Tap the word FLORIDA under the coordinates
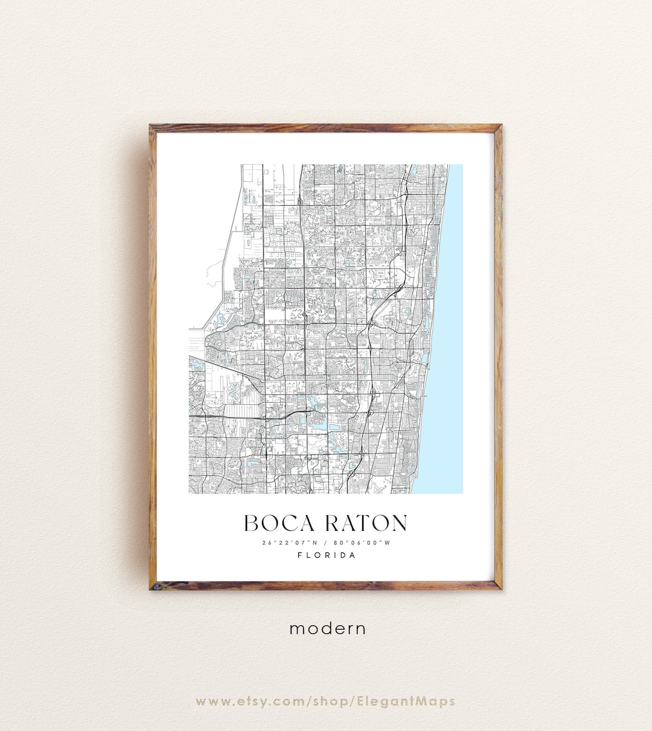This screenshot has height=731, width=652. (327, 555)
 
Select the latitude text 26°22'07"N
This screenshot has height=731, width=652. (287, 542)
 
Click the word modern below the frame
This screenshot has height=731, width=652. (327, 628)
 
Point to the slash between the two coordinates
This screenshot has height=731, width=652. (325, 542)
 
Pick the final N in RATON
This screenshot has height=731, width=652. (398, 523)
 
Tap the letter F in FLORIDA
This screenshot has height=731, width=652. (300, 555)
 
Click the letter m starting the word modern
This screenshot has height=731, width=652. (296, 629)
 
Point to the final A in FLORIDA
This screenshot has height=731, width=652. (353, 555)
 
